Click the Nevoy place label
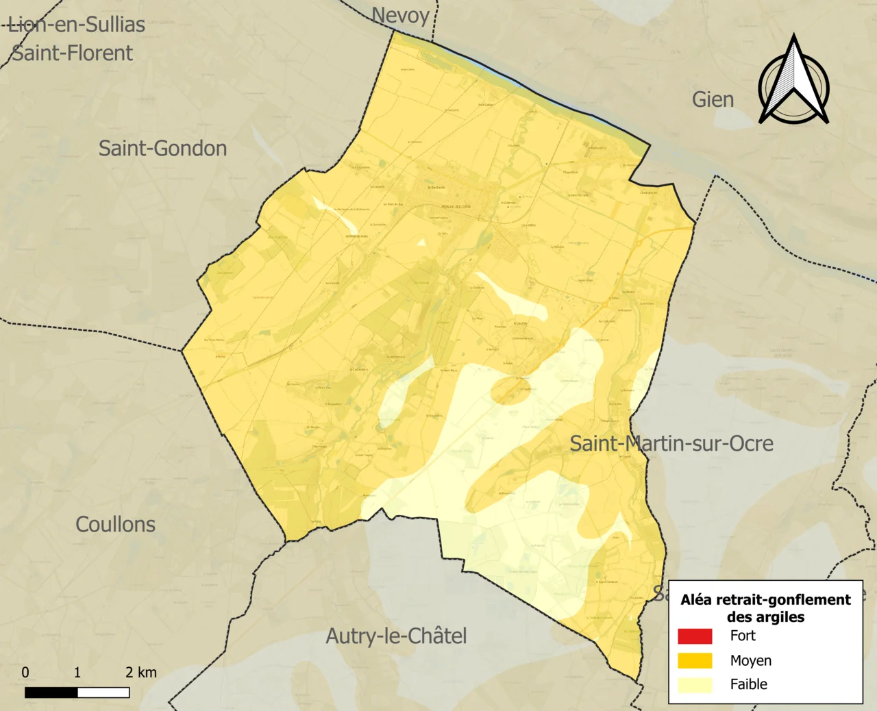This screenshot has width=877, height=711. pos(401,16)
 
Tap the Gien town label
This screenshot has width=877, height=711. pos(713,99)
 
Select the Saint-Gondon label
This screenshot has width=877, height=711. pos(162,148)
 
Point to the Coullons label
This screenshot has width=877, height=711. pos(115,524)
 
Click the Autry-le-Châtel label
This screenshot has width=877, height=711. pos(396,636)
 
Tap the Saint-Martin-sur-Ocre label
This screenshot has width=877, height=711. pos(671,443)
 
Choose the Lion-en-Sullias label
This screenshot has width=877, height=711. pos(77,25)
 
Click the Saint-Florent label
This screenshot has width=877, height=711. pos(73,53)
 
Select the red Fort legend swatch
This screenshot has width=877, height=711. pos(695,636)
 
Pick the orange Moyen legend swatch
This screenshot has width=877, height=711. pos(695,660)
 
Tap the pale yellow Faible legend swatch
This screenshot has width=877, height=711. pos(695,684)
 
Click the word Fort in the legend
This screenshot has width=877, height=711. pos(743,636)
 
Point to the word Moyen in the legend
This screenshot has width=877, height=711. pos(750,660)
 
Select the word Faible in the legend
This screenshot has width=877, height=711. pos(748,684)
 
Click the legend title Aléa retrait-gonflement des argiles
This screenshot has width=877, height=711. pos(765,608)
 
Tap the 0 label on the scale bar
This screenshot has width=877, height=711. pos(25,672)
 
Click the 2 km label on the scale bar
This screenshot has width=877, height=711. pos(140,672)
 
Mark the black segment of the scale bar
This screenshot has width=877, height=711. pos(51,693)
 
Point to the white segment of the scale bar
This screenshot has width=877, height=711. pos(103,693)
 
